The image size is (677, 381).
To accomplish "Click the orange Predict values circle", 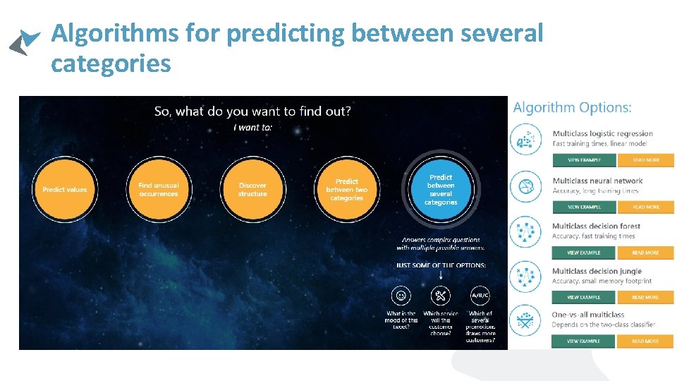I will (64, 189).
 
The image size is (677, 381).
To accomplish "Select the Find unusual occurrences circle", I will (159, 189).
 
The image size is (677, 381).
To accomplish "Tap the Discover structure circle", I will (252, 189).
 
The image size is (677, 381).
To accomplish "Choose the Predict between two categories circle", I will (347, 189).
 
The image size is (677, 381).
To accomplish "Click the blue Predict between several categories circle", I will (441, 189).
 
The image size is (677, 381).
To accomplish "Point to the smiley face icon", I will (401, 296).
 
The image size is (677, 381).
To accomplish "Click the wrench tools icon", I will (440, 296).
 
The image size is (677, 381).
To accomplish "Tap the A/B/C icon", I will (480, 296).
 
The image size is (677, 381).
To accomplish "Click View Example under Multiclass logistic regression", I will (584, 160).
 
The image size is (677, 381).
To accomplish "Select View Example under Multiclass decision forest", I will (584, 253).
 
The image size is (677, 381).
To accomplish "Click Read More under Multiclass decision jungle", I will (645, 297).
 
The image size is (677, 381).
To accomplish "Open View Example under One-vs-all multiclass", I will (584, 341).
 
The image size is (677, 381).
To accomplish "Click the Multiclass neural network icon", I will (525, 187).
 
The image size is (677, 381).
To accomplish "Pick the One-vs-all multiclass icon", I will (525, 321).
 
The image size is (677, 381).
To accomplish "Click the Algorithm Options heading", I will (572, 108).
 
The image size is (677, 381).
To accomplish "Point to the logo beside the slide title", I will (24, 42).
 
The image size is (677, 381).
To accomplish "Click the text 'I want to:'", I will (252, 128).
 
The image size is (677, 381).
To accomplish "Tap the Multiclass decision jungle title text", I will (597, 271).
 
